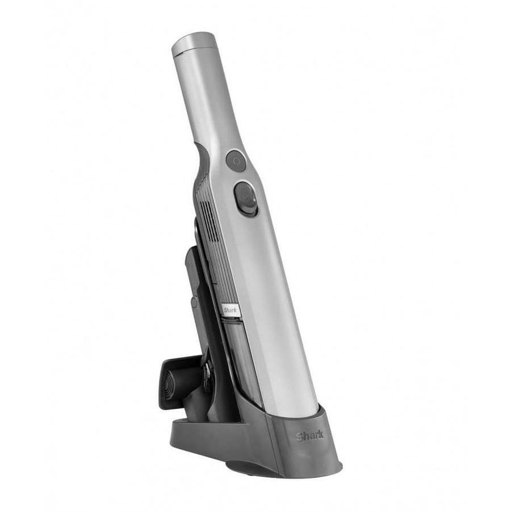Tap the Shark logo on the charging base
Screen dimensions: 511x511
click(309, 435)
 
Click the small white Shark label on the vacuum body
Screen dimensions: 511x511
click(231, 310)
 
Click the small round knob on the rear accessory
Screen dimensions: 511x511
click(194, 302)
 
